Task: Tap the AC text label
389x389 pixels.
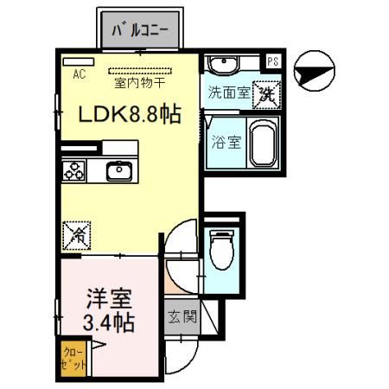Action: [79, 74]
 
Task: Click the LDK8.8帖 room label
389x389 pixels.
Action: [131, 114]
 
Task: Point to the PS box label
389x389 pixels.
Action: [273, 61]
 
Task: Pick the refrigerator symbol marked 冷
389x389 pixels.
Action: [76, 233]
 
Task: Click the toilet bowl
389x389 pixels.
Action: [221, 250]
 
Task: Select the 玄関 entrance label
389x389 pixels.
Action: [182, 316]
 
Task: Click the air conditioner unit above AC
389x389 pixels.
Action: [72, 62]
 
